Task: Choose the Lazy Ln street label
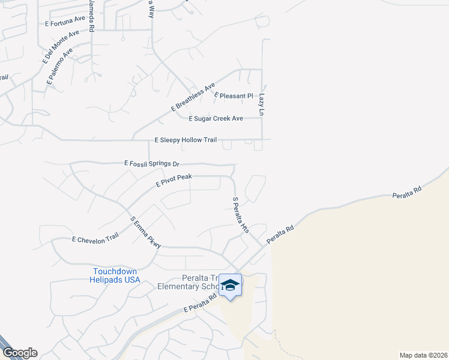click(x=262, y=104)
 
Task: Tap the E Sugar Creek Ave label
click(x=215, y=119)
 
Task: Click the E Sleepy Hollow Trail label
click(x=185, y=140)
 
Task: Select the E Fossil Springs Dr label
click(x=152, y=163)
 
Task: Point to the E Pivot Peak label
click(x=173, y=180)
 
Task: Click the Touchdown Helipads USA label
click(x=116, y=276)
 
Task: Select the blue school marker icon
click(x=230, y=284)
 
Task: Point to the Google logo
click(x=19, y=353)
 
